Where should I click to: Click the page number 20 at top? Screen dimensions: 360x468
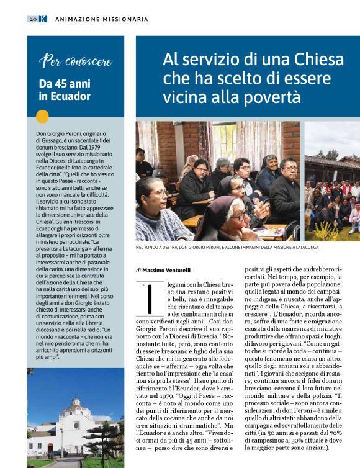(x=32, y=19)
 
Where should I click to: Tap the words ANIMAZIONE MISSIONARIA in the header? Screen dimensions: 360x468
(x=102, y=19)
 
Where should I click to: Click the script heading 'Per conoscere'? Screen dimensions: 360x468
(x=76, y=61)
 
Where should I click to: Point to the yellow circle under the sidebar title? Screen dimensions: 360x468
(x=42, y=116)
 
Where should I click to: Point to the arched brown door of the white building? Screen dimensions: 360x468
(x=50, y=448)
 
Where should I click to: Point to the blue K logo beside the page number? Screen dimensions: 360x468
(x=43, y=19)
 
